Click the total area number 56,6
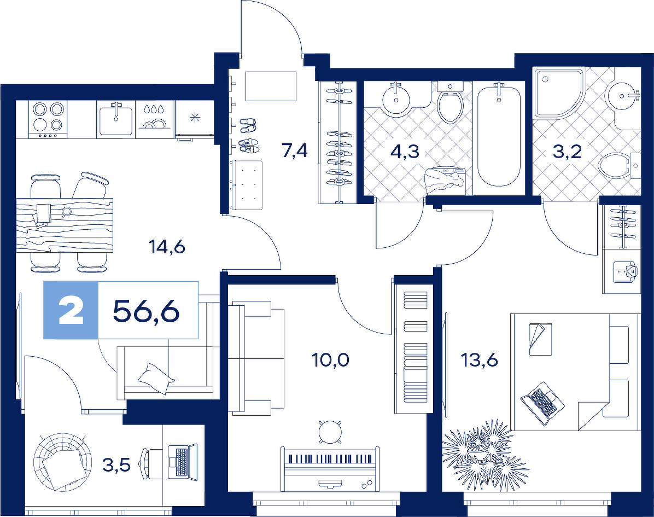click(146, 311)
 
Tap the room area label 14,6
click(167, 247)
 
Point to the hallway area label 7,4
click(295, 150)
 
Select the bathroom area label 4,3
click(405, 152)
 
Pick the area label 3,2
click(567, 152)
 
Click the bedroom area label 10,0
click(331, 359)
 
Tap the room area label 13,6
click(480, 359)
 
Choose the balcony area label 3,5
click(117, 464)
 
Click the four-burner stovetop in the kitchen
click(48, 119)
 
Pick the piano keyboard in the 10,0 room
click(330, 460)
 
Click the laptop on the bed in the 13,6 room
click(542, 403)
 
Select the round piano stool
click(330, 432)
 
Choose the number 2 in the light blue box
click(71, 311)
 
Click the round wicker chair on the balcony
click(62, 462)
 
